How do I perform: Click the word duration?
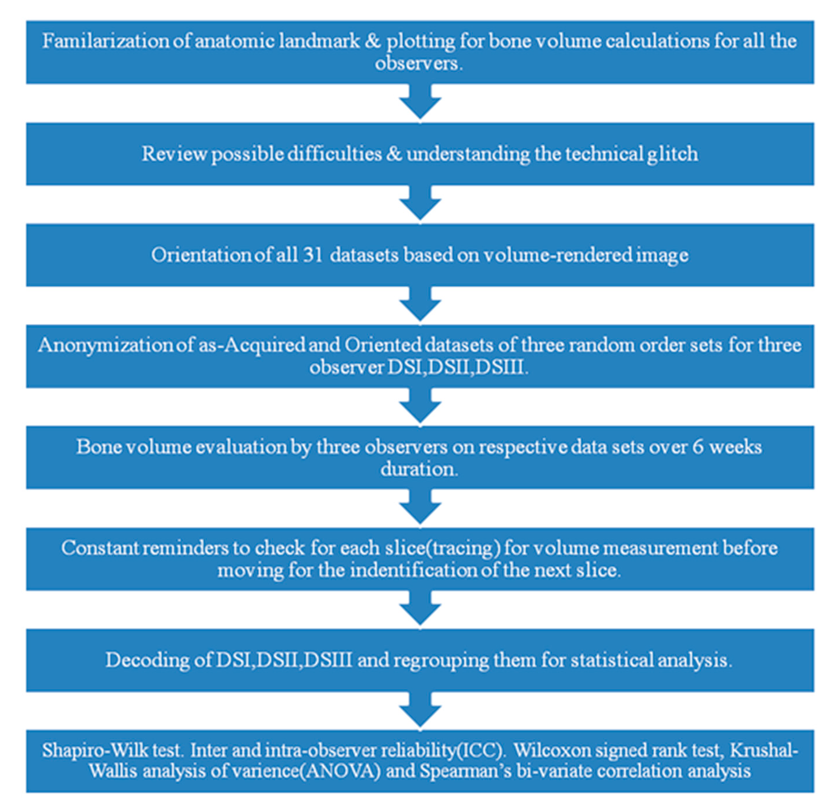tap(419, 469)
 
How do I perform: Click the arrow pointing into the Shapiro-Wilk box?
tap(420, 710)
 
